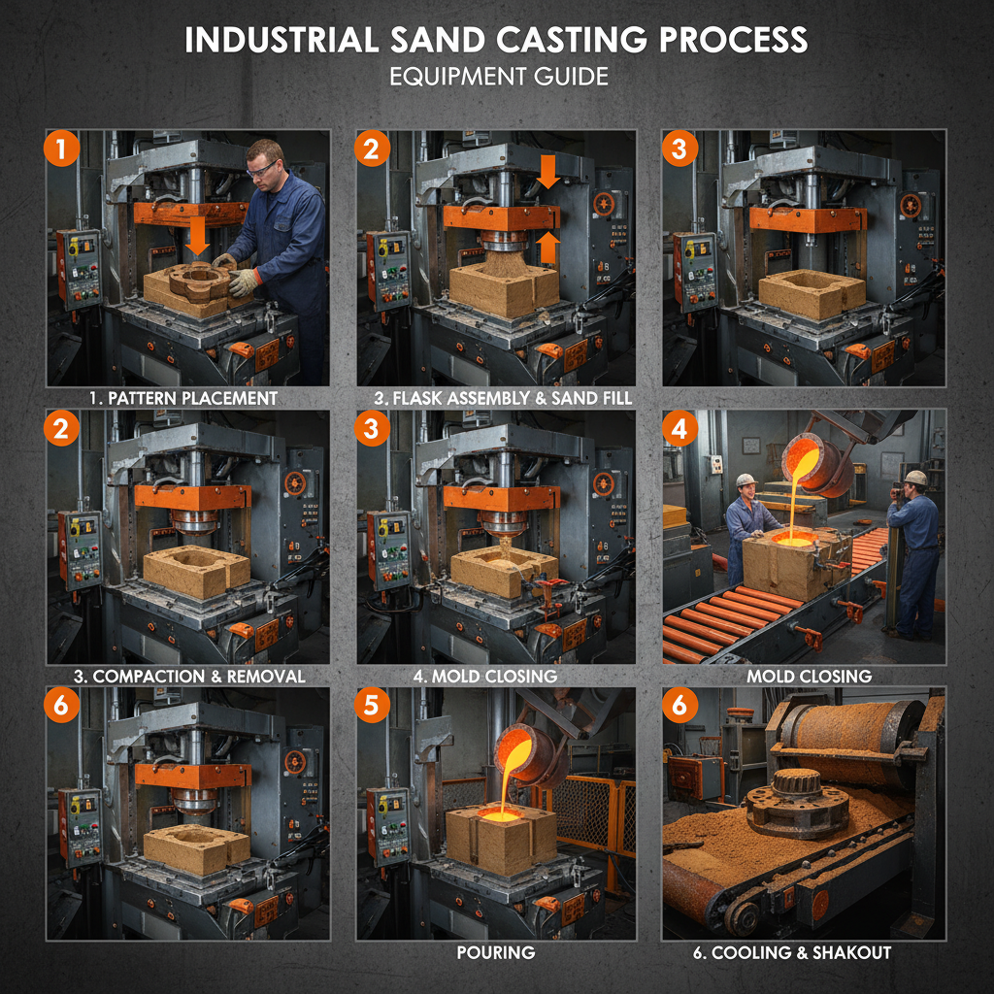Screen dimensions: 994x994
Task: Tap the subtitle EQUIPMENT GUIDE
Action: click(498, 76)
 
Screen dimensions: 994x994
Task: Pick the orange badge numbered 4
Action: click(679, 428)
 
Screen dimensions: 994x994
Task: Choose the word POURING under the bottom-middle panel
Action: click(496, 952)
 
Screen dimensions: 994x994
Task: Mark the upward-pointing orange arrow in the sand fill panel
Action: click(548, 248)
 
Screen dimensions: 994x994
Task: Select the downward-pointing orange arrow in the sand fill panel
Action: click(548, 173)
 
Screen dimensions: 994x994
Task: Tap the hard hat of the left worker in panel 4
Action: click(745, 480)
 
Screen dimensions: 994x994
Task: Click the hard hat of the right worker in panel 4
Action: click(915, 478)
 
